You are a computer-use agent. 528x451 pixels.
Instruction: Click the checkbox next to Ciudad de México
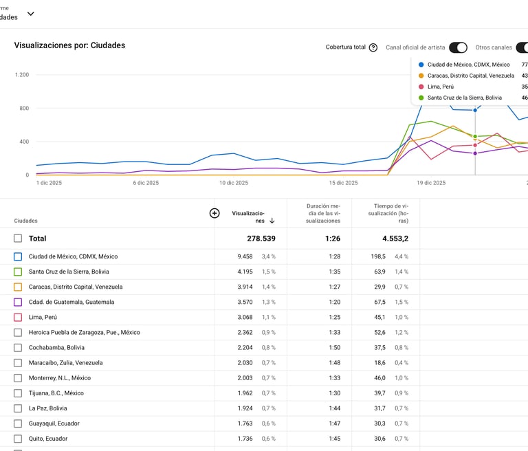point(18,256)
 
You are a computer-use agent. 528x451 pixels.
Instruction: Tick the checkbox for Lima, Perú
point(18,317)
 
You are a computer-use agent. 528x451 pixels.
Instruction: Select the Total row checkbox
point(18,239)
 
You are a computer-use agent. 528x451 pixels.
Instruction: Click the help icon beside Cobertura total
point(373,47)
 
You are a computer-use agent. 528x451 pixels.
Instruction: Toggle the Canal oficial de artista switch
point(458,47)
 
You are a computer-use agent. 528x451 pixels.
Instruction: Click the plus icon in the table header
point(214,213)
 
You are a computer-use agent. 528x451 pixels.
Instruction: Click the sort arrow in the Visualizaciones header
point(272,221)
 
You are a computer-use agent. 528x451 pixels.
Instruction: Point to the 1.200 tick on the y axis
point(21,75)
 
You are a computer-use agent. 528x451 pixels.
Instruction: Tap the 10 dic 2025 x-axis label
point(234,183)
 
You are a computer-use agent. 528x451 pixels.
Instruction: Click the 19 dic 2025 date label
point(431,183)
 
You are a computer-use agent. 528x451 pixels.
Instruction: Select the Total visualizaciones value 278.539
point(261,239)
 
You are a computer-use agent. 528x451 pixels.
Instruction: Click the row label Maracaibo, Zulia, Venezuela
point(65,362)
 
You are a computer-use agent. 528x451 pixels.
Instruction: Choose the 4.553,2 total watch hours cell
point(394,239)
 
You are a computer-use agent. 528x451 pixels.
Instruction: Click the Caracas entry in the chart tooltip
point(470,76)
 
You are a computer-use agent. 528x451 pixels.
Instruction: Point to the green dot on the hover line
point(475,137)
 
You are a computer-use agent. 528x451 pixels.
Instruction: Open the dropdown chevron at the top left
point(30,14)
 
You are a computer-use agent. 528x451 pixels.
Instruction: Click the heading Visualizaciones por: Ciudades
point(69,45)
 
